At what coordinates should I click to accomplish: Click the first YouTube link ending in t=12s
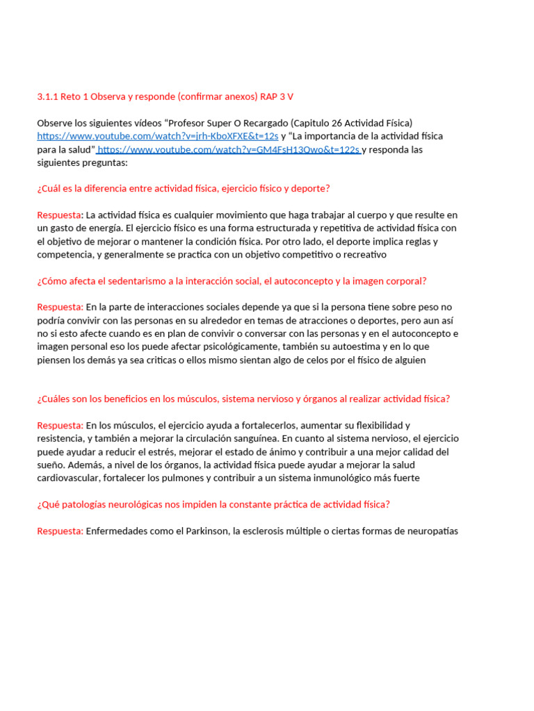pos(157,136)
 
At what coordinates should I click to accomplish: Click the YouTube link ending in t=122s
pos(229,149)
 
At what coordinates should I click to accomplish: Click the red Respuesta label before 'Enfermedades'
pos(60,531)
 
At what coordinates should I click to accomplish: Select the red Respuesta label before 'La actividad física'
pos(60,215)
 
